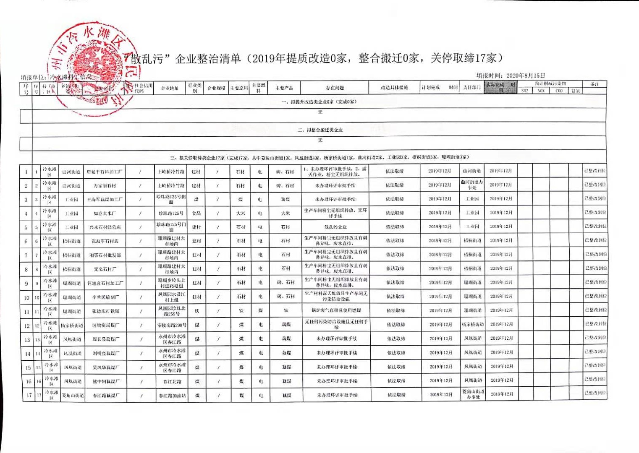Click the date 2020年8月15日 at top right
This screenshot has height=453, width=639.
(x=525, y=75)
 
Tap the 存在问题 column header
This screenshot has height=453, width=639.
(x=335, y=88)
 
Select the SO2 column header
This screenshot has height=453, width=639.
(x=525, y=91)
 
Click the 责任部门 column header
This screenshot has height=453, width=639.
(x=471, y=87)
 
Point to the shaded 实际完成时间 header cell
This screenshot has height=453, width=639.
(x=500, y=87)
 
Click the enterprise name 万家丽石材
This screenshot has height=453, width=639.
(x=105, y=185)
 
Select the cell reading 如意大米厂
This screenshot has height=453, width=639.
(x=105, y=213)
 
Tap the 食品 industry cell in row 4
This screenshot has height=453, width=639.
(x=196, y=213)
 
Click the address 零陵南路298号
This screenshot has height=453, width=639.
(x=171, y=325)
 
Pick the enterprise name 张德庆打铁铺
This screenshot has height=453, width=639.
(x=105, y=311)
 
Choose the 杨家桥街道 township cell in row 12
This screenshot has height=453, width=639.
(x=72, y=325)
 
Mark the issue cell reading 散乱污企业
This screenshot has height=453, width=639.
(x=335, y=227)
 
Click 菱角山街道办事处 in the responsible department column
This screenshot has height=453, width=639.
(x=473, y=394)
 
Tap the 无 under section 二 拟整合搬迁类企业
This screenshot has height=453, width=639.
(x=320, y=140)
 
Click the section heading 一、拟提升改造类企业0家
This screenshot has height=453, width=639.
(x=319, y=102)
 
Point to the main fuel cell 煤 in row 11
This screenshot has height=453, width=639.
(x=260, y=310)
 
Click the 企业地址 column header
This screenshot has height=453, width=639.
(x=170, y=88)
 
